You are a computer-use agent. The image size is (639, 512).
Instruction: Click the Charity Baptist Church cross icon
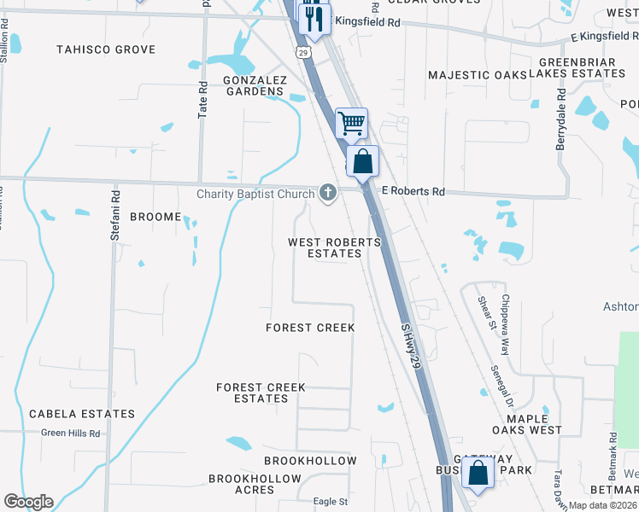(x=327, y=194)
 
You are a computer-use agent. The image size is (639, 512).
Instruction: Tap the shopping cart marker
(x=351, y=123)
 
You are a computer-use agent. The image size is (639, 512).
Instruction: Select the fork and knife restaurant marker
(x=314, y=18)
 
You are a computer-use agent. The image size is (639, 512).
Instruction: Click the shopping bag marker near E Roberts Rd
(x=362, y=160)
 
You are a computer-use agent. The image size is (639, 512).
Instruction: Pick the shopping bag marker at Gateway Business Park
(x=478, y=472)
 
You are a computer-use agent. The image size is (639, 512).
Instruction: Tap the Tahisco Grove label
(x=106, y=49)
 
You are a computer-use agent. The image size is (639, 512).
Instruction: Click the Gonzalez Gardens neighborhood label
(x=253, y=85)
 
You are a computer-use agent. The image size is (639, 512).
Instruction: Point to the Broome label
(x=155, y=217)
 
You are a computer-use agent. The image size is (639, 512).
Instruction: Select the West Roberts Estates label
(x=334, y=247)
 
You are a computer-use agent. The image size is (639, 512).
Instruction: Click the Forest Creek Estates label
(x=261, y=393)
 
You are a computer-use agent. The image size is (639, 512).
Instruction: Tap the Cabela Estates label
(x=82, y=414)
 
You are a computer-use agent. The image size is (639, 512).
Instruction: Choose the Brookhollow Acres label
(x=242, y=484)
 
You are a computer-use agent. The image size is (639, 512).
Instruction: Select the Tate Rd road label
(x=203, y=100)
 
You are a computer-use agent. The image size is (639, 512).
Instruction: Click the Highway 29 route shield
(x=304, y=53)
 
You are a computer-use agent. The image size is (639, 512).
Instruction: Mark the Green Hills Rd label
(x=71, y=433)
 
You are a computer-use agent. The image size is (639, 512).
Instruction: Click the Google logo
(x=28, y=502)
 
